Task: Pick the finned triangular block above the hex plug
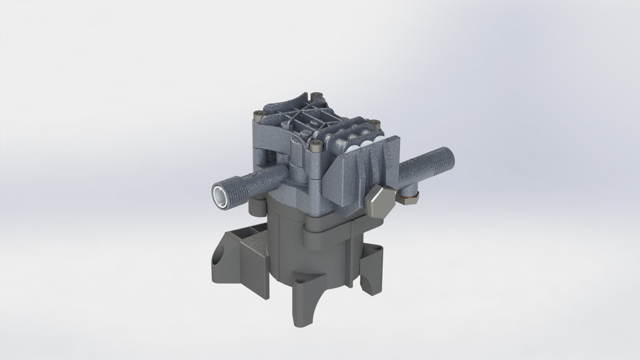point(367,167)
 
